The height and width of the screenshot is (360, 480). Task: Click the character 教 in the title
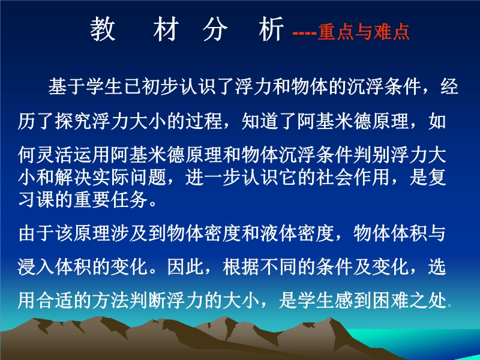click(103, 29)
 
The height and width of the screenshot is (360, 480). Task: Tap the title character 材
click(166, 29)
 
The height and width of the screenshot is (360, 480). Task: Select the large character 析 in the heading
click(271, 29)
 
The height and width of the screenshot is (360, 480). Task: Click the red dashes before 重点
click(304, 32)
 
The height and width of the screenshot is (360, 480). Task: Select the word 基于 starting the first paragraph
click(67, 86)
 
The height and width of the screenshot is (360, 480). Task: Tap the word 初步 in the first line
click(160, 86)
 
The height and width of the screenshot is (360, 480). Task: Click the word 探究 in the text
click(73, 121)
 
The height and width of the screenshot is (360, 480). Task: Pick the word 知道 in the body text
click(260, 121)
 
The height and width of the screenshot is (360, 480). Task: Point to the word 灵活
click(55, 155)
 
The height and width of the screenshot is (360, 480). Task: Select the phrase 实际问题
click(130, 178)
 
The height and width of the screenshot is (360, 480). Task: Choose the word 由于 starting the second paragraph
click(36, 233)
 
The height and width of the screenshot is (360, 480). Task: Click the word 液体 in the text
click(278, 233)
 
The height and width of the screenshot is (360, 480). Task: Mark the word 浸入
click(36, 267)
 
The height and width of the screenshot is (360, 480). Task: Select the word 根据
click(241, 267)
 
